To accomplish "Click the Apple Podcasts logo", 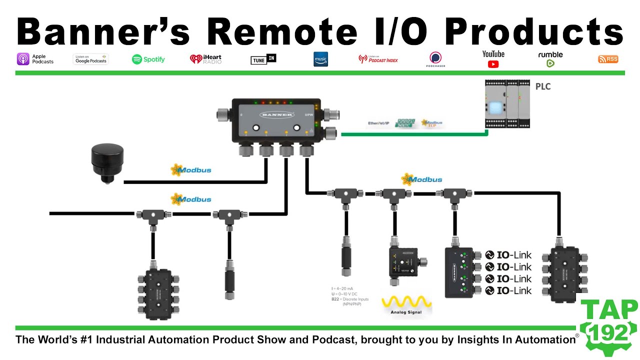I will tap(35, 59).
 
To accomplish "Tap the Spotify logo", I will tap(148, 59).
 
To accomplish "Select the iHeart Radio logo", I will tap(205, 59).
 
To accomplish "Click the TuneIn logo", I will tap(263, 59).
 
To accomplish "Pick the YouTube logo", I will tap(493, 58).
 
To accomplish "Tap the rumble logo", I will tap(550, 58).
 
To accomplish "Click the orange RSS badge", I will tap(608, 59).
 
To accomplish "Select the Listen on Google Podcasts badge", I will tap(90, 59).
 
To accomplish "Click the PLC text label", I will tap(542, 86).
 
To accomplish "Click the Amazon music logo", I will tap(320, 59).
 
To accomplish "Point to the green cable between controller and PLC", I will tap(415, 134).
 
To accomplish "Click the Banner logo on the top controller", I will tap(276, 114).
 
